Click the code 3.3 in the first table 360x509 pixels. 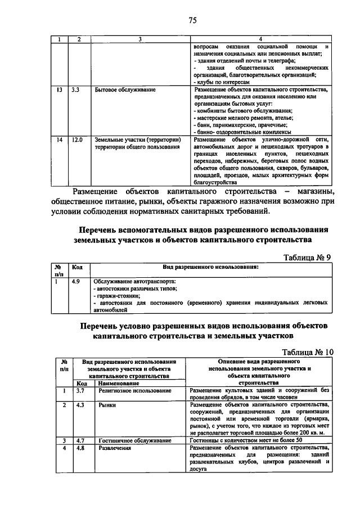point(76,89)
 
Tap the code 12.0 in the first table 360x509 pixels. point(77,139)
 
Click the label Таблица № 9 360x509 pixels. point(307,258)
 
